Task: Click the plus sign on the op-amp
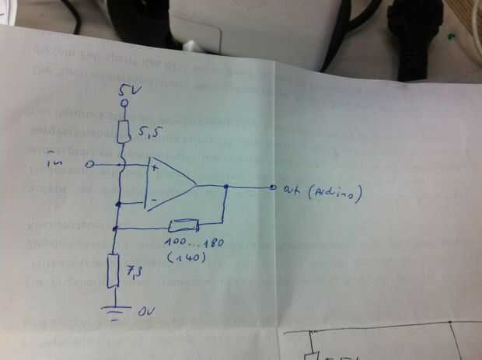coord(154,166)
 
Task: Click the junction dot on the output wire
coord(225,187)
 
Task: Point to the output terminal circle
coord(272,187)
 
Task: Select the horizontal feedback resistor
coord(183,227)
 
